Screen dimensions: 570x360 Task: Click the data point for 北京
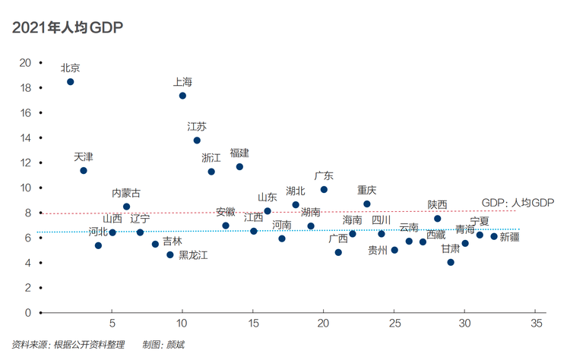pos(71,82)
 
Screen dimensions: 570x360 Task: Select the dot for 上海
pos(182,96)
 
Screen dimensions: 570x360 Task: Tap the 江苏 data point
pos(197,141)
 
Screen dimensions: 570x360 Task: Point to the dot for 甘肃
pos(451,262)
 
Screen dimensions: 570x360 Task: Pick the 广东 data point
pos(324,190)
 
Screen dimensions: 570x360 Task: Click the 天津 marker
pos(84,170)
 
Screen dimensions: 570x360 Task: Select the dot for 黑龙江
pos(170,255)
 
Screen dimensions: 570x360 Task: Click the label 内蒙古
pos(126,193)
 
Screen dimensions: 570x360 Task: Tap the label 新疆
pos(509,237)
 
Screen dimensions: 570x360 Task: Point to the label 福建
pos(239,153)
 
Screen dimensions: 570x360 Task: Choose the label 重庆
pos(366,190)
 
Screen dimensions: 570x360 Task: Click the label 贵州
pos(378,250)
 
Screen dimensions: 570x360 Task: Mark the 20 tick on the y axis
pos(41,63)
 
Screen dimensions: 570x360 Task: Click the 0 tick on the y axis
pos(41,312)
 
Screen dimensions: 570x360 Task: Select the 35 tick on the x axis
pos(535,311)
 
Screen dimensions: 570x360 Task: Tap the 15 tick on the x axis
pos(252,311)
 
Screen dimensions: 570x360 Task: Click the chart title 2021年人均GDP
pos(68,27)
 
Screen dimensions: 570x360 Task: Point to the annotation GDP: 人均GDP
pos(518,203)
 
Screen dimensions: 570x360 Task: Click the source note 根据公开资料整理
pos(89,344)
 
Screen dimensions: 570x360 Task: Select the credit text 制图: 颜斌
pos(163,344)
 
